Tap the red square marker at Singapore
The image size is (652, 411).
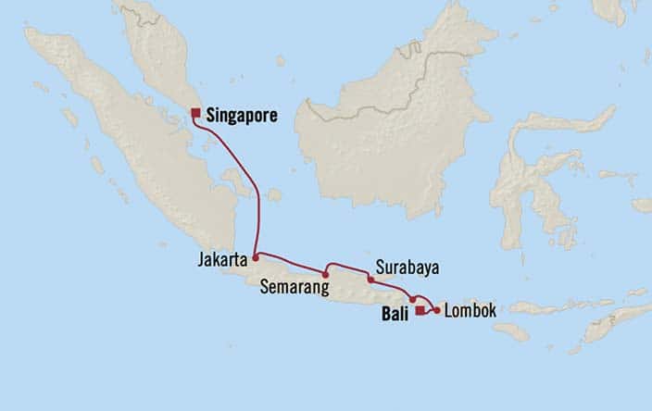[x=195, y=114]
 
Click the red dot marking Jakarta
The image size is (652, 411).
[x=255, y=254]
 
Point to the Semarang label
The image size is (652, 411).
[x=295, y=288]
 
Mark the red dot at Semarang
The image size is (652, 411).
[x=326, y=274]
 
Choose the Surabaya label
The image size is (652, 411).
[x=407, y=268]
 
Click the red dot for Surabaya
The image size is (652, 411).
[x=370, y=279]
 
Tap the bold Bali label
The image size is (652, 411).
[x=395, y=314]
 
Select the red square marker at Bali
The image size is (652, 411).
[x=420, y=311]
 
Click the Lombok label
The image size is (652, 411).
[x=470, y=311]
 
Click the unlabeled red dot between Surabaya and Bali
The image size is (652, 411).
[x=412, y=300]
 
